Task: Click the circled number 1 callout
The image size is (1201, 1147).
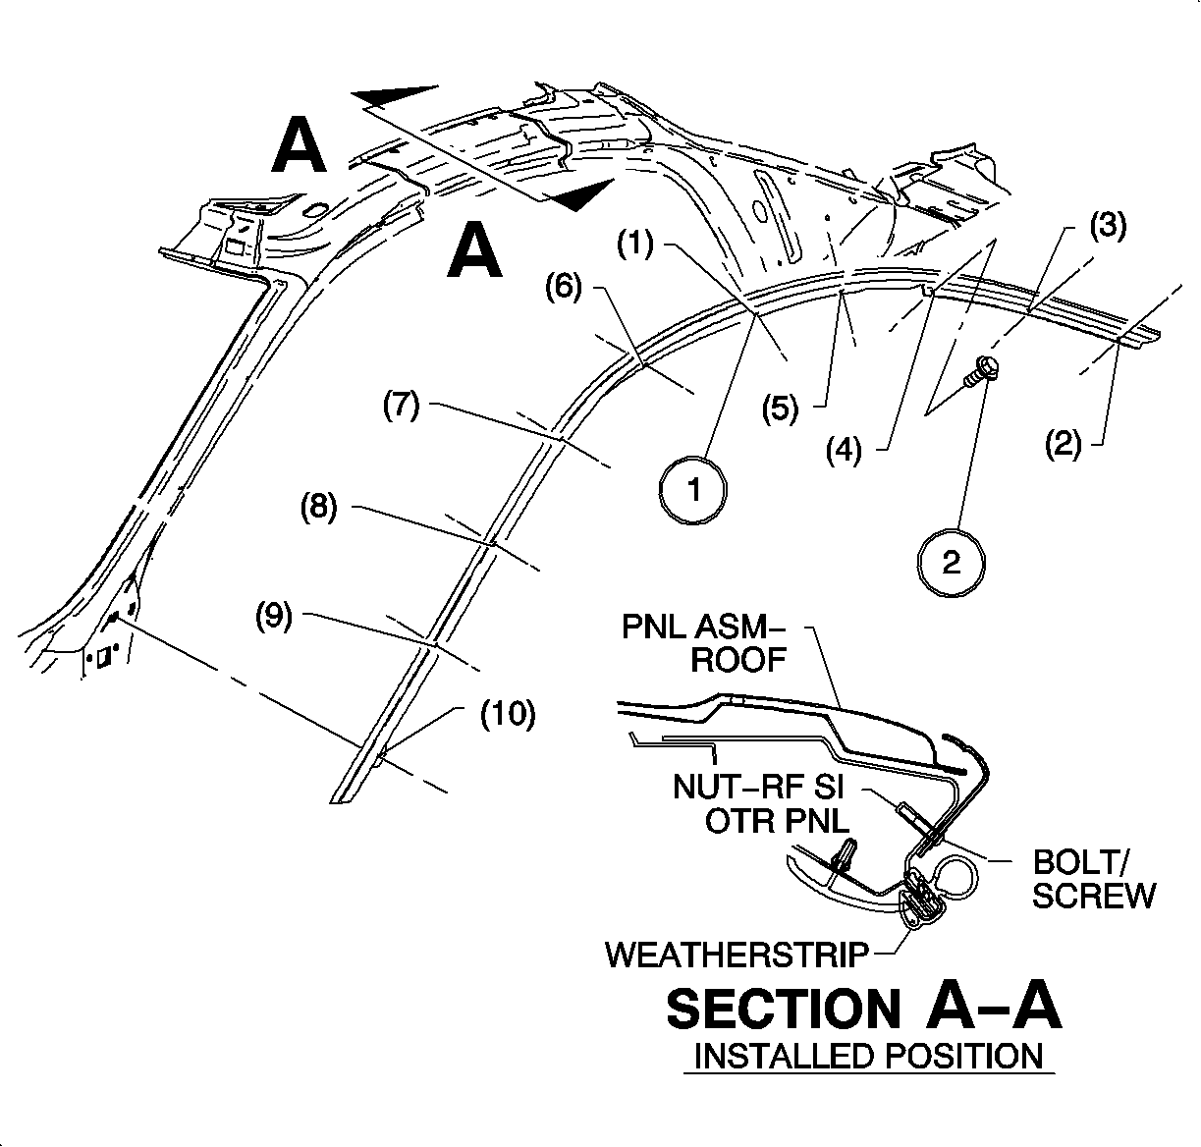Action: (x=694, y=489)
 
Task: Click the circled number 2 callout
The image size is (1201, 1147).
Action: (x=952, y=563)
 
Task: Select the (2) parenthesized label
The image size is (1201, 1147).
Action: (x=1064, y=445)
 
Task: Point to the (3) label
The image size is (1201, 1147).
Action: (x=1107, y=226)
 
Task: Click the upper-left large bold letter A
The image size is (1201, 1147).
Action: (x=299, y=145)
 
